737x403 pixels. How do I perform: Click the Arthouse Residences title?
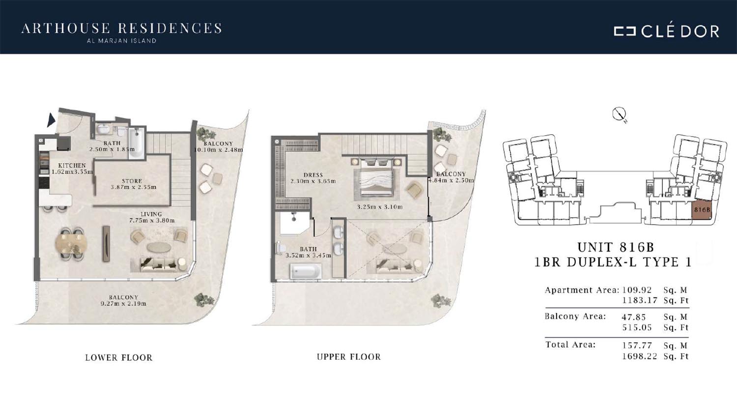coord(121,29)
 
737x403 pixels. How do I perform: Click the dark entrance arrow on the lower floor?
coord(51,120)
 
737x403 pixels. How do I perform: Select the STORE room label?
coord(132,181)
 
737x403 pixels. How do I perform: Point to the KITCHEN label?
coord(72,166)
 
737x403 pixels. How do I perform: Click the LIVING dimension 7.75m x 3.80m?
coord(152,220)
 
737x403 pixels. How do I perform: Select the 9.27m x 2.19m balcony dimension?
coord(123,303)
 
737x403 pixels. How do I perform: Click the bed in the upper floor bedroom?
coord(376,179)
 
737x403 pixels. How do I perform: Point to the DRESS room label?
coord(313,175)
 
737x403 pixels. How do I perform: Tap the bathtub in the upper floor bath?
coord(305,272)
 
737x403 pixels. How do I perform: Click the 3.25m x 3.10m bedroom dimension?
coord(380,207)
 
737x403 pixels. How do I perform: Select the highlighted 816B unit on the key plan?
coord(702,209)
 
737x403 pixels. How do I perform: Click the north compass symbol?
coord(618,114)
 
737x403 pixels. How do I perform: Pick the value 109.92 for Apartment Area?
coord(637,290)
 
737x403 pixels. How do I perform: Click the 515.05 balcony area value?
coord(637,328)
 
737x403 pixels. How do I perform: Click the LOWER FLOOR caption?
coord(119,358)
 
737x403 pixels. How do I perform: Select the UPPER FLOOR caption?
coord(349,357)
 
